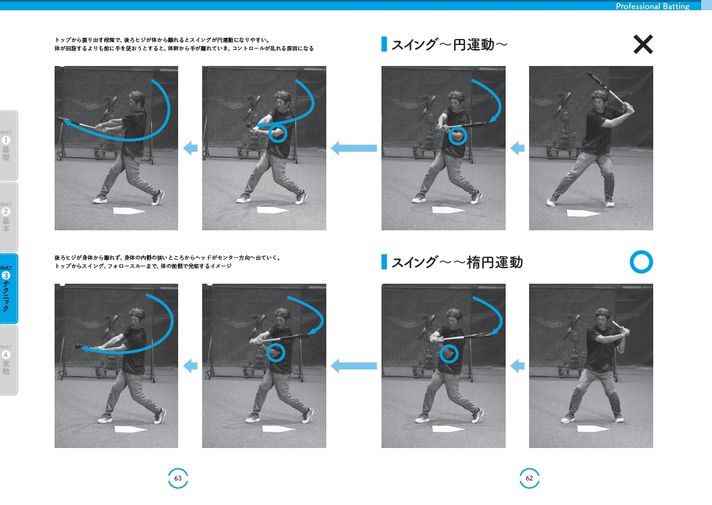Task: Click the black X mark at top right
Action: point(643,45)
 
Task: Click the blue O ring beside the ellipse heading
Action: point(641,262)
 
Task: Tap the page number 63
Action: point(178,478)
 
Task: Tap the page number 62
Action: point(529,478)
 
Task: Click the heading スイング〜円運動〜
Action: point(449,45)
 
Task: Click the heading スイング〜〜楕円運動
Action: point(456,262)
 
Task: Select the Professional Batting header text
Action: point(653,7)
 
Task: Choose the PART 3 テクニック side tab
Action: point(8,288)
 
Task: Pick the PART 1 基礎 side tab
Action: point(8,146)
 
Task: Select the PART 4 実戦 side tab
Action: point(8,360)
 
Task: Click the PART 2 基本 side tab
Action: point(8,217)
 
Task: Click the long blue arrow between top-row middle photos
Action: point(354,148)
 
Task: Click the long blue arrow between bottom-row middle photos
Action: point(354,365)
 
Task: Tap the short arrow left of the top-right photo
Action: point(517,148)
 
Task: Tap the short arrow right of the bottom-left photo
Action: point(190,365)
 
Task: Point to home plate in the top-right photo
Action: point(582,213)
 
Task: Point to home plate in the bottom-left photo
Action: point(130,429)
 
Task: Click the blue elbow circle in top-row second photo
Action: point(277,133)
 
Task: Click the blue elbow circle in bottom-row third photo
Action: point(449,354)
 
